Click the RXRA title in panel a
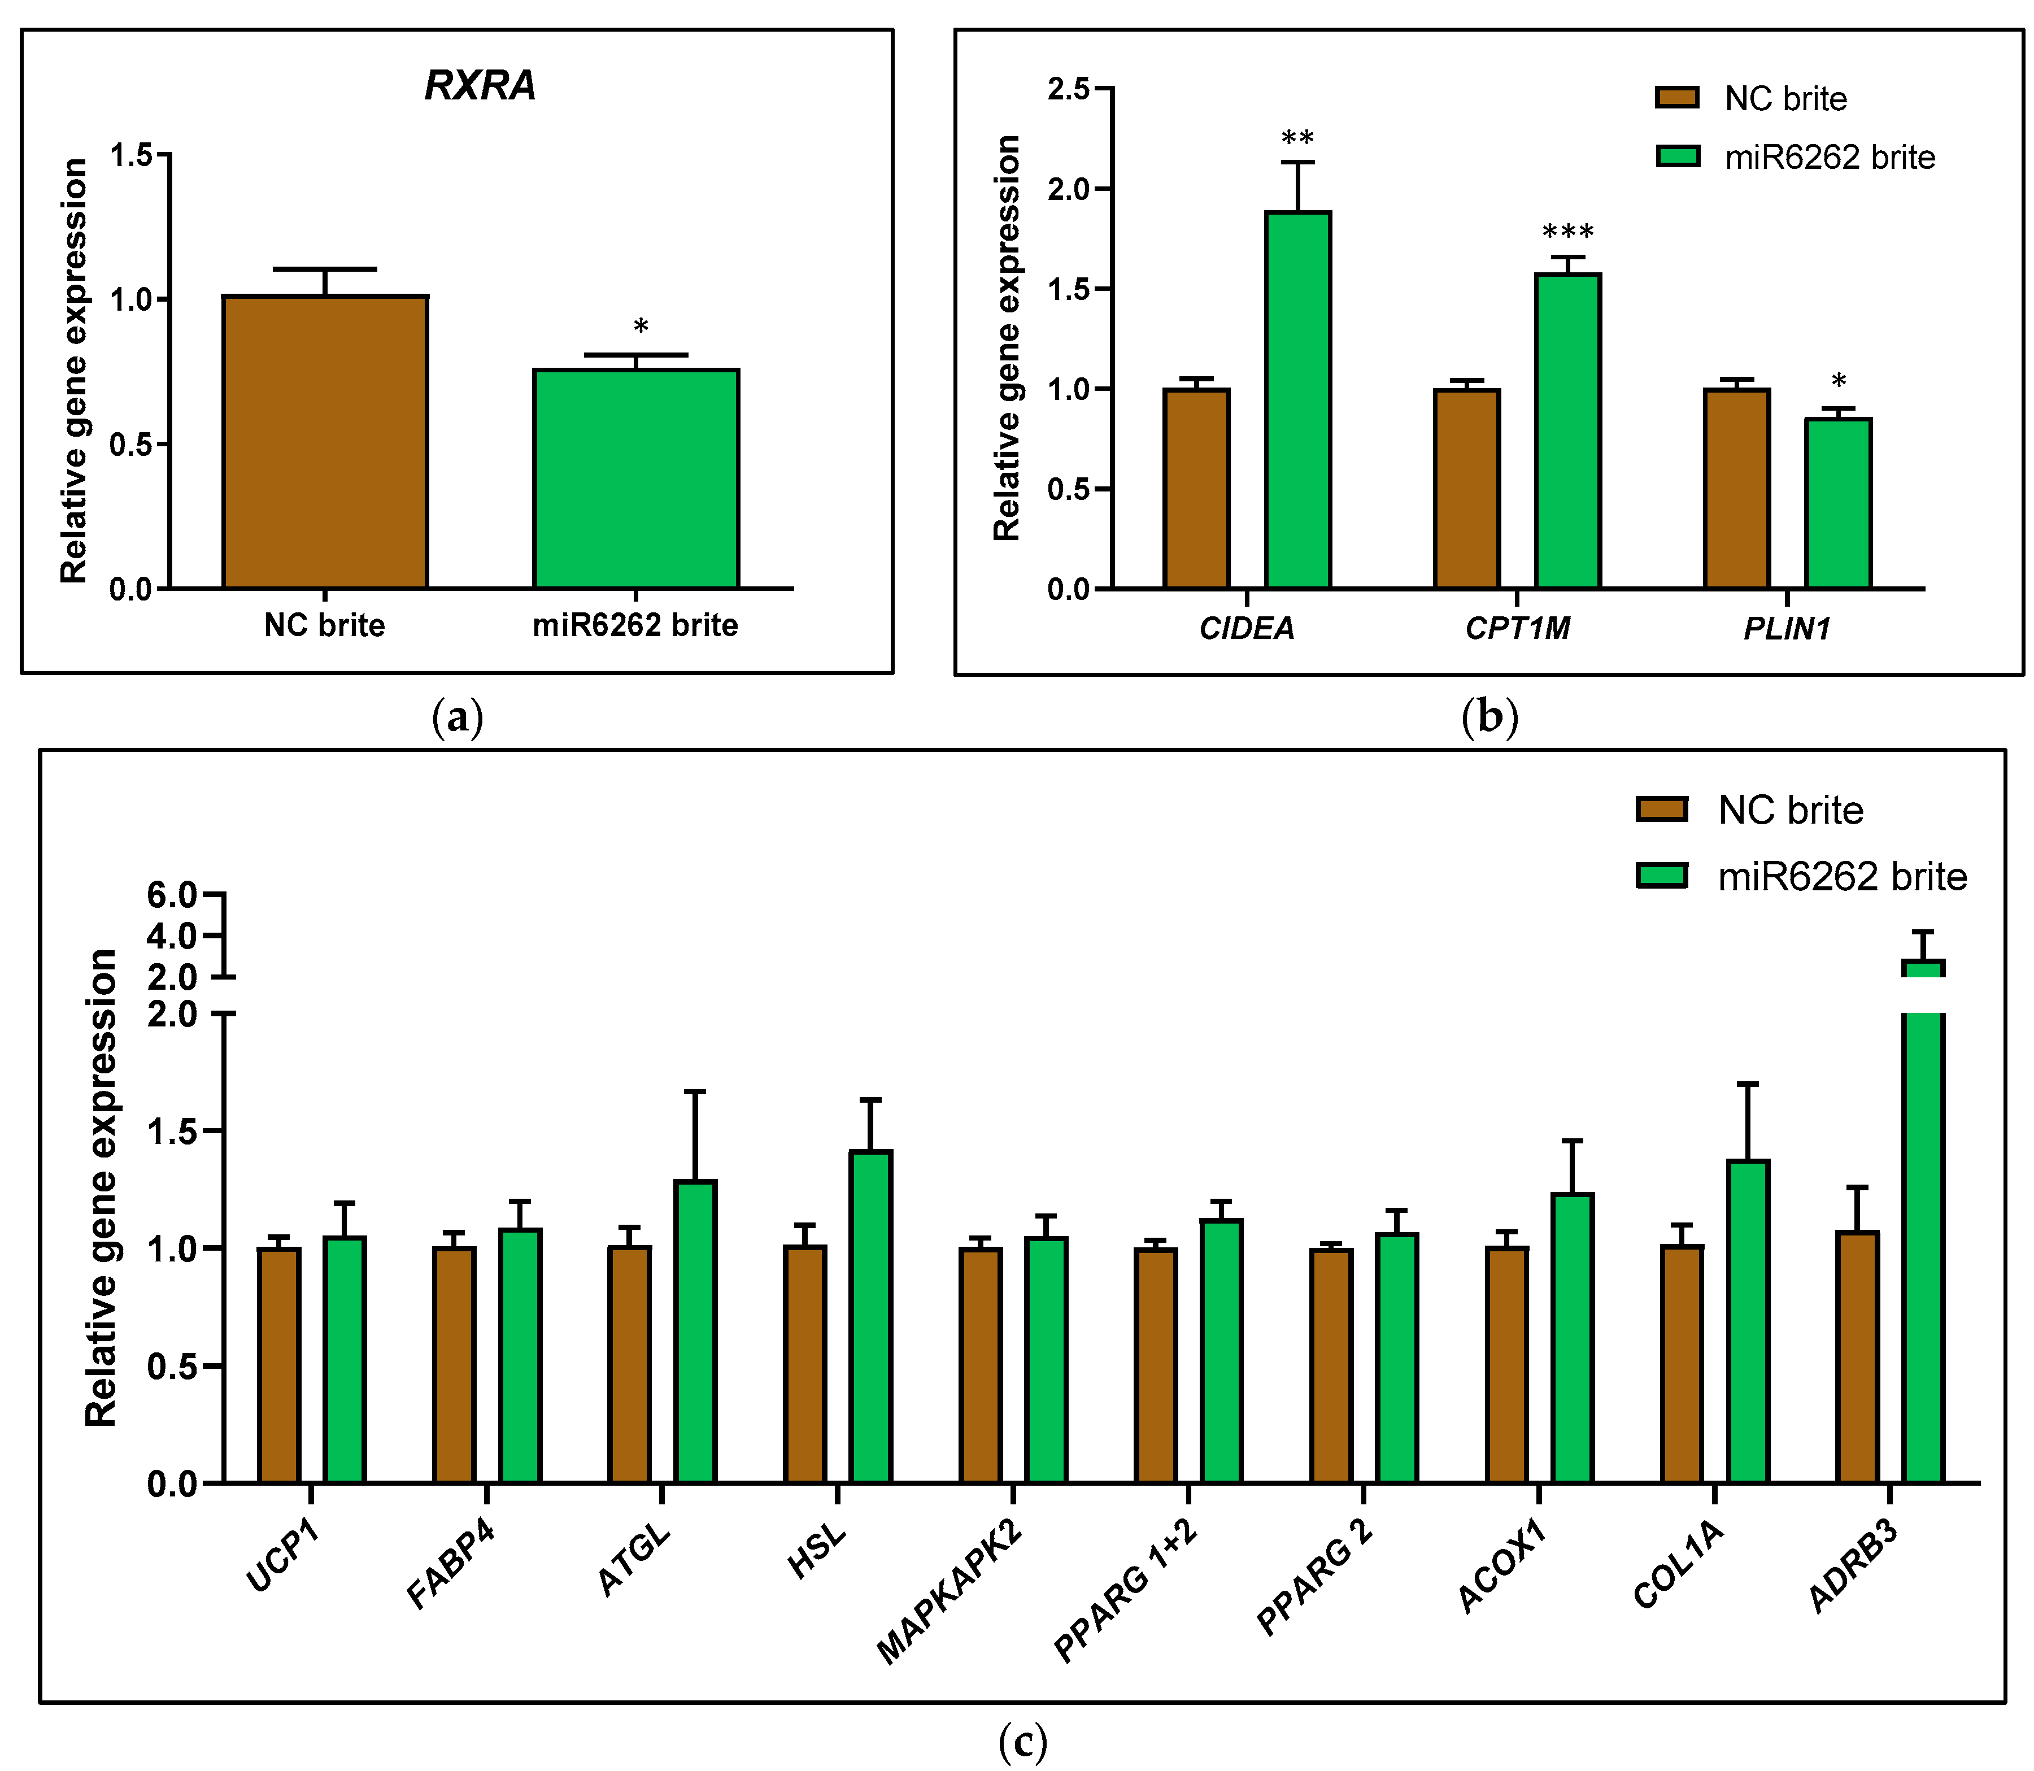pos(480,86)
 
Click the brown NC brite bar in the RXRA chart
pos(325,442)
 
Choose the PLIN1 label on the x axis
pos(1787,629)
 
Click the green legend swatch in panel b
pos(1677,156)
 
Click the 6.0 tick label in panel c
pos(171,895)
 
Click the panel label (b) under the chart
pos(1489,716)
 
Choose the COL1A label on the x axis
pos(1678,1564)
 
